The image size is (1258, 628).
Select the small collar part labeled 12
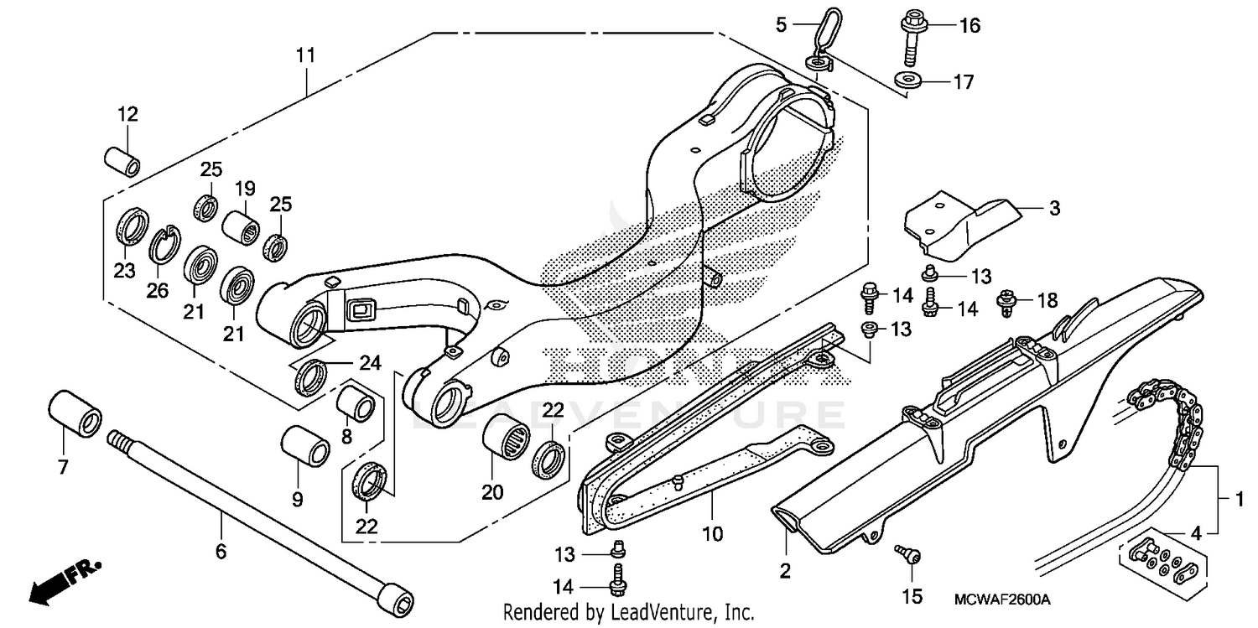point(122,161)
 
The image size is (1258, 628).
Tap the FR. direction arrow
point(64,581)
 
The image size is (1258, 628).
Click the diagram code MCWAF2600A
point(1002,600)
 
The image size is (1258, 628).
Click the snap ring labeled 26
point(165,245)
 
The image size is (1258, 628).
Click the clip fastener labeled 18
point(1005,302)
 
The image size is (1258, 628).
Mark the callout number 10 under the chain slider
point(712,533)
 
